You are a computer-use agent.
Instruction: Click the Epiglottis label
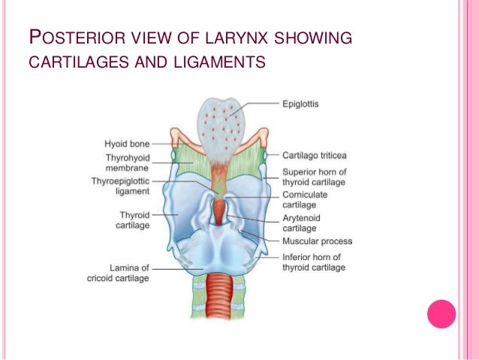tap(300, 104)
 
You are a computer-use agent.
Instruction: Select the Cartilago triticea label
tap(314, 156)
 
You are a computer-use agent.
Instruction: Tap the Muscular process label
tap(317, 241)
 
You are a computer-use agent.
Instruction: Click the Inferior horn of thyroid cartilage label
tap(314, 262)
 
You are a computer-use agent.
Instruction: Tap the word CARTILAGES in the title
tap(78, 61)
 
